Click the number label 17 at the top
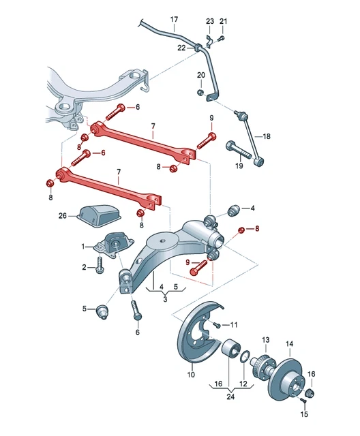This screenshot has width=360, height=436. [x=174, y=19]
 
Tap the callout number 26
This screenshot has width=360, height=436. [x=63, y=216]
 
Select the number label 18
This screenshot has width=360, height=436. [x=267, y=136]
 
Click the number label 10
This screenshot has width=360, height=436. [x=191, y=374]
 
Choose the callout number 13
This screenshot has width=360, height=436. [x=266, y=339]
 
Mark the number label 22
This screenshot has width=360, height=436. [x=181, y=48]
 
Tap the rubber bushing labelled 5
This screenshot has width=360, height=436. [x=104, y=311]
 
